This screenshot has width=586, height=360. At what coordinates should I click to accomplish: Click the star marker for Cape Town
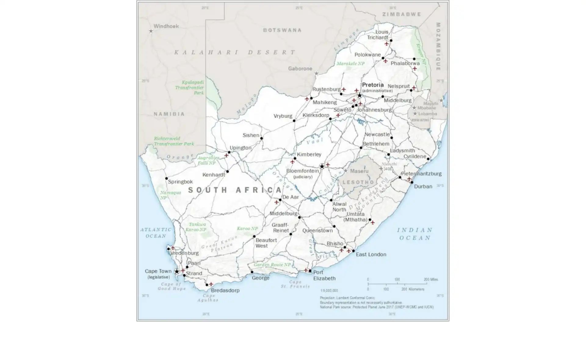pos(177,272)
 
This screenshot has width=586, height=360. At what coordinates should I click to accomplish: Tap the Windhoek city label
pos(166,26)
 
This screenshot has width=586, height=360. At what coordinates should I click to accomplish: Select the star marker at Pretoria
pos(360,95)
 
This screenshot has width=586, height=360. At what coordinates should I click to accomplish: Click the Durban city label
pos(423,186)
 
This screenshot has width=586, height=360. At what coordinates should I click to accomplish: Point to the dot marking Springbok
pos(166,178)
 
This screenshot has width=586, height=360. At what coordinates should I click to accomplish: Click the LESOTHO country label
pos(358,182)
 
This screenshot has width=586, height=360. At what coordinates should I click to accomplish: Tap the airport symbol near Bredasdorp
pos(211,284)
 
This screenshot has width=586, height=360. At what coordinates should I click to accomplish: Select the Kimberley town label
pos(309,154)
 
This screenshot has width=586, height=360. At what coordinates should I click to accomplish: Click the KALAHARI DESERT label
pos(235,52)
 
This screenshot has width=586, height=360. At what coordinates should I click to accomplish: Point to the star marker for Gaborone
pos(317,74)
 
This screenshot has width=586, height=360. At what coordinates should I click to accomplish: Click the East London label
pos(371,254)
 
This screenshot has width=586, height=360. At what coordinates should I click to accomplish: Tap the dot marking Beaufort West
pos(254,236)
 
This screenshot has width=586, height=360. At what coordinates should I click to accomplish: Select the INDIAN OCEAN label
pos(415,234)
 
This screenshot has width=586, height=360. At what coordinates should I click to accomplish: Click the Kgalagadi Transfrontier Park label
pos(190,88)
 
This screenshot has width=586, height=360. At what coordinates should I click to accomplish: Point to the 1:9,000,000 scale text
pos(329,290)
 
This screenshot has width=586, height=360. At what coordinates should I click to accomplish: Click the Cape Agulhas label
pos(208,298)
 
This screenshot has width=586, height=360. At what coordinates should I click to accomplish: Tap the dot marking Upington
pos(229,152)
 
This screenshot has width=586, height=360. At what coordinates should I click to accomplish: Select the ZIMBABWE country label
pos(402,14)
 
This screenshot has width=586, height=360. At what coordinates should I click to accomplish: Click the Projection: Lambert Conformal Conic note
pos(347,298)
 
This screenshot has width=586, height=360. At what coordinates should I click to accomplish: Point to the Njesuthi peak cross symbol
pos(381,168)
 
